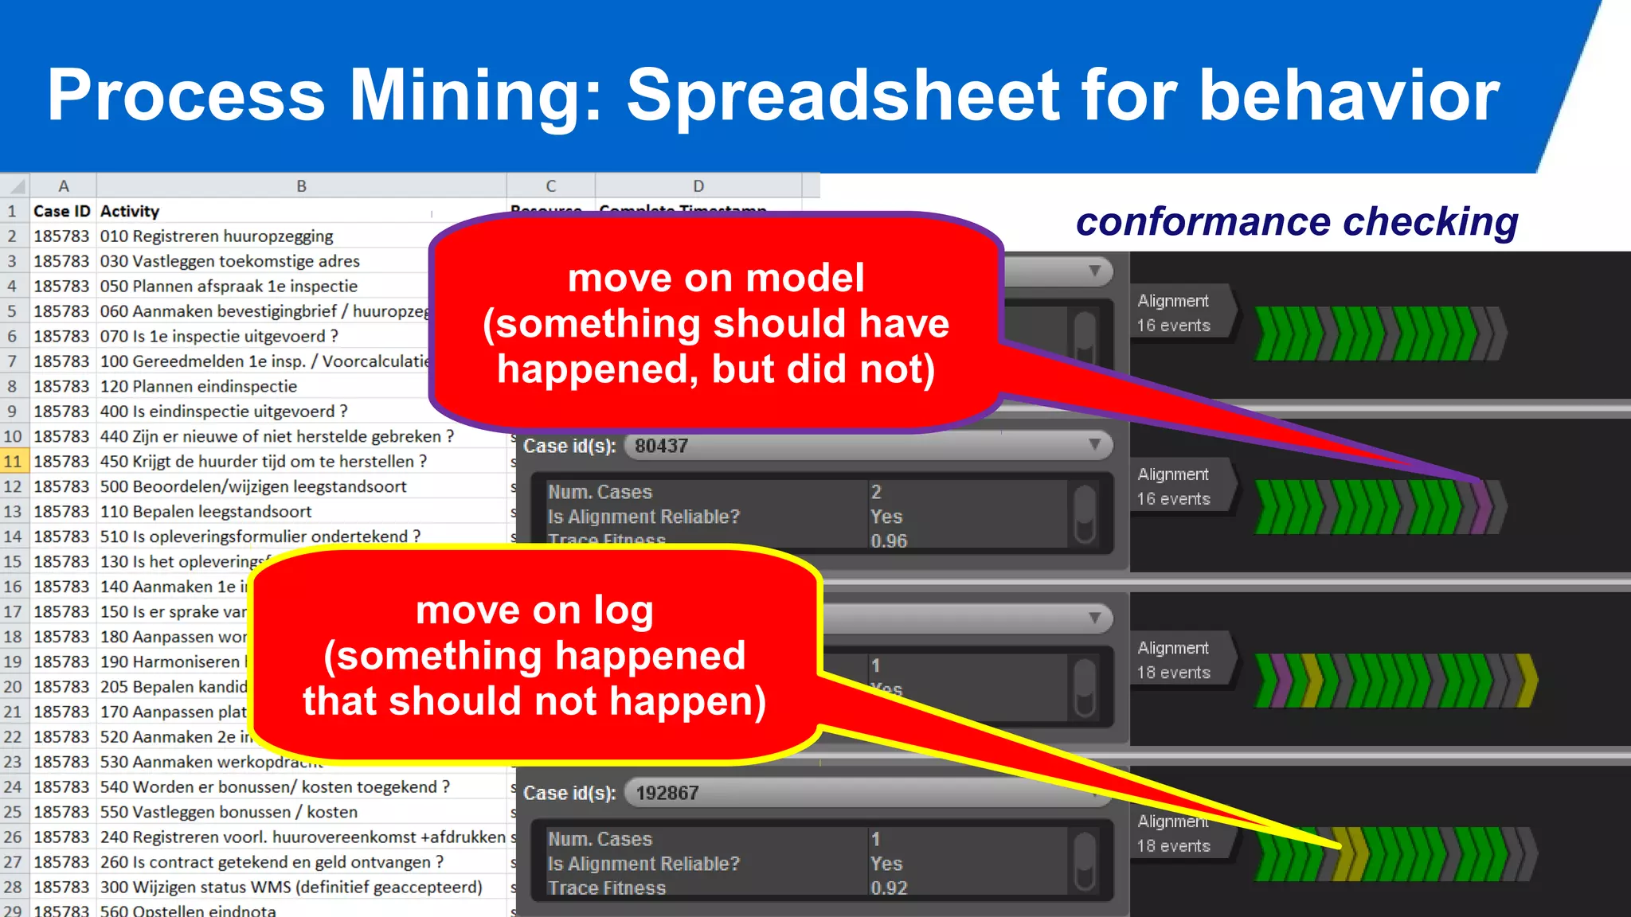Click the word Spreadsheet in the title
[x=843, y=96]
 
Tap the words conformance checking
[x=1297, y=221]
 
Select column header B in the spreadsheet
[x=301, y=186]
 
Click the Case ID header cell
[x=62, y=211]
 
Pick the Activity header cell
[x=130, y=211]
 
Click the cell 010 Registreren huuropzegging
[x=217, y=236]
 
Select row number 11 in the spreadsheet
[x=13, y=461]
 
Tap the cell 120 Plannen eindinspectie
[x=198, y=386]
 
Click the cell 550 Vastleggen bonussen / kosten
[x=229, y=812]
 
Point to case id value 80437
[x=662, y=446]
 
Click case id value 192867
[x=667, y=793]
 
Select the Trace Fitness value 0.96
[x=889, y=541]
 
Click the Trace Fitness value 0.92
[x=889, y=888]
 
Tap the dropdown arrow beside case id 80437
[x=1095, y=444]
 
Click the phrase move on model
[x=715, y=278]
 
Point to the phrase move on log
[x=534, y=611]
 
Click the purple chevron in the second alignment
[x=1481, y=507]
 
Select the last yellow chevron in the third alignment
[x=1526, y=681]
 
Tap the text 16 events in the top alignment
[x=1173, y=326]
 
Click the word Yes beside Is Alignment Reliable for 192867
[x=886, y=864]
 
